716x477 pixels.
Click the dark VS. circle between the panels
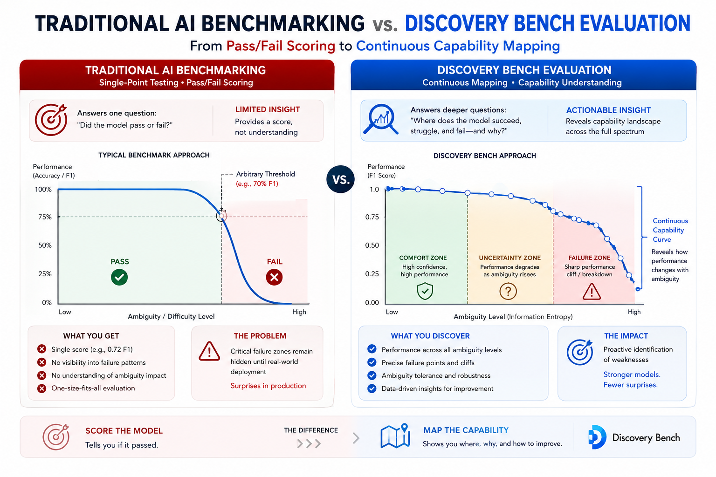[340, 179]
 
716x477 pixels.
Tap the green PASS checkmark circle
[119, 277]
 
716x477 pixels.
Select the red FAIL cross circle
[274, 277]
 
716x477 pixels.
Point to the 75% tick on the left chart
[45, 217]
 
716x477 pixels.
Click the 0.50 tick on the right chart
[372, 245]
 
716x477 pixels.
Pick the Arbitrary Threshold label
[265, 174]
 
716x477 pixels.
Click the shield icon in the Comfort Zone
[425, 291]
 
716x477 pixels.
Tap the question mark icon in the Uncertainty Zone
[508, 291]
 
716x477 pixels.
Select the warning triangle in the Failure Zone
[592, 292]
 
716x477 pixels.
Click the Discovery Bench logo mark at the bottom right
[597, 437]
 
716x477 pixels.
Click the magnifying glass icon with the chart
[381, 120]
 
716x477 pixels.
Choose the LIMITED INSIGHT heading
[268, 109]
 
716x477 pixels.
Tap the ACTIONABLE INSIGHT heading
[608, 110]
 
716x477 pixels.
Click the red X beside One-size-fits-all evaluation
[41, 388]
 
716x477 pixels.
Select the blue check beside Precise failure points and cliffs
[372, 362]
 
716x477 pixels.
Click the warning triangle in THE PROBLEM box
[209, 351]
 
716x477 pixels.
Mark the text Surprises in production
[268, 386]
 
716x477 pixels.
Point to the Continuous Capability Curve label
[670, 230]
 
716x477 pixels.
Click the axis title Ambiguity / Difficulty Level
[171, 316]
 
